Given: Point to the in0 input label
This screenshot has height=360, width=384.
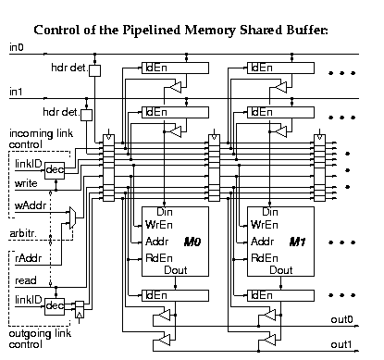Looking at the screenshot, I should pos(16,46).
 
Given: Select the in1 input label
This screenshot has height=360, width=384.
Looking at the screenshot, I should pos(16,93).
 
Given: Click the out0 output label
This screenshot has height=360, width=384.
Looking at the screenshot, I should pos(342,320).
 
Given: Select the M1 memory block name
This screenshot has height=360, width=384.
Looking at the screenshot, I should pos(297,242).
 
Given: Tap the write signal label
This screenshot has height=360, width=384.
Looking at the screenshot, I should pos(27,183).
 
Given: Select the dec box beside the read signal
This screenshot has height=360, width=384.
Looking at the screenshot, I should pos(55,304).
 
